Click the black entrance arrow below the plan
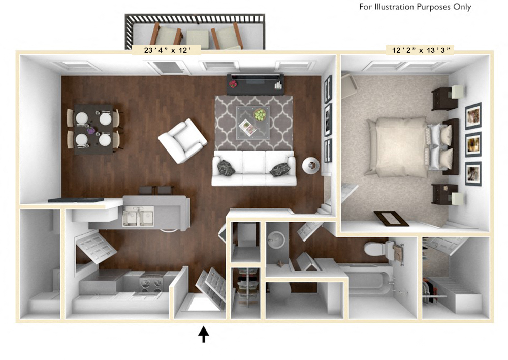click(x=204, y=334)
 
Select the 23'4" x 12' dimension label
click(x=166, y=50)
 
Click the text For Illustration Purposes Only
click(x=415, y=7)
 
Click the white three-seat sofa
click(x=253, y=168)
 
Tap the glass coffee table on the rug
click(x=253, y=122)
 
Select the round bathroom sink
click(x=276, y=238)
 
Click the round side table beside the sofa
click(x=310, y=165)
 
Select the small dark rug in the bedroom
click(x=391, y=219)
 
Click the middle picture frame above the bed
click(x=473, y=144)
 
